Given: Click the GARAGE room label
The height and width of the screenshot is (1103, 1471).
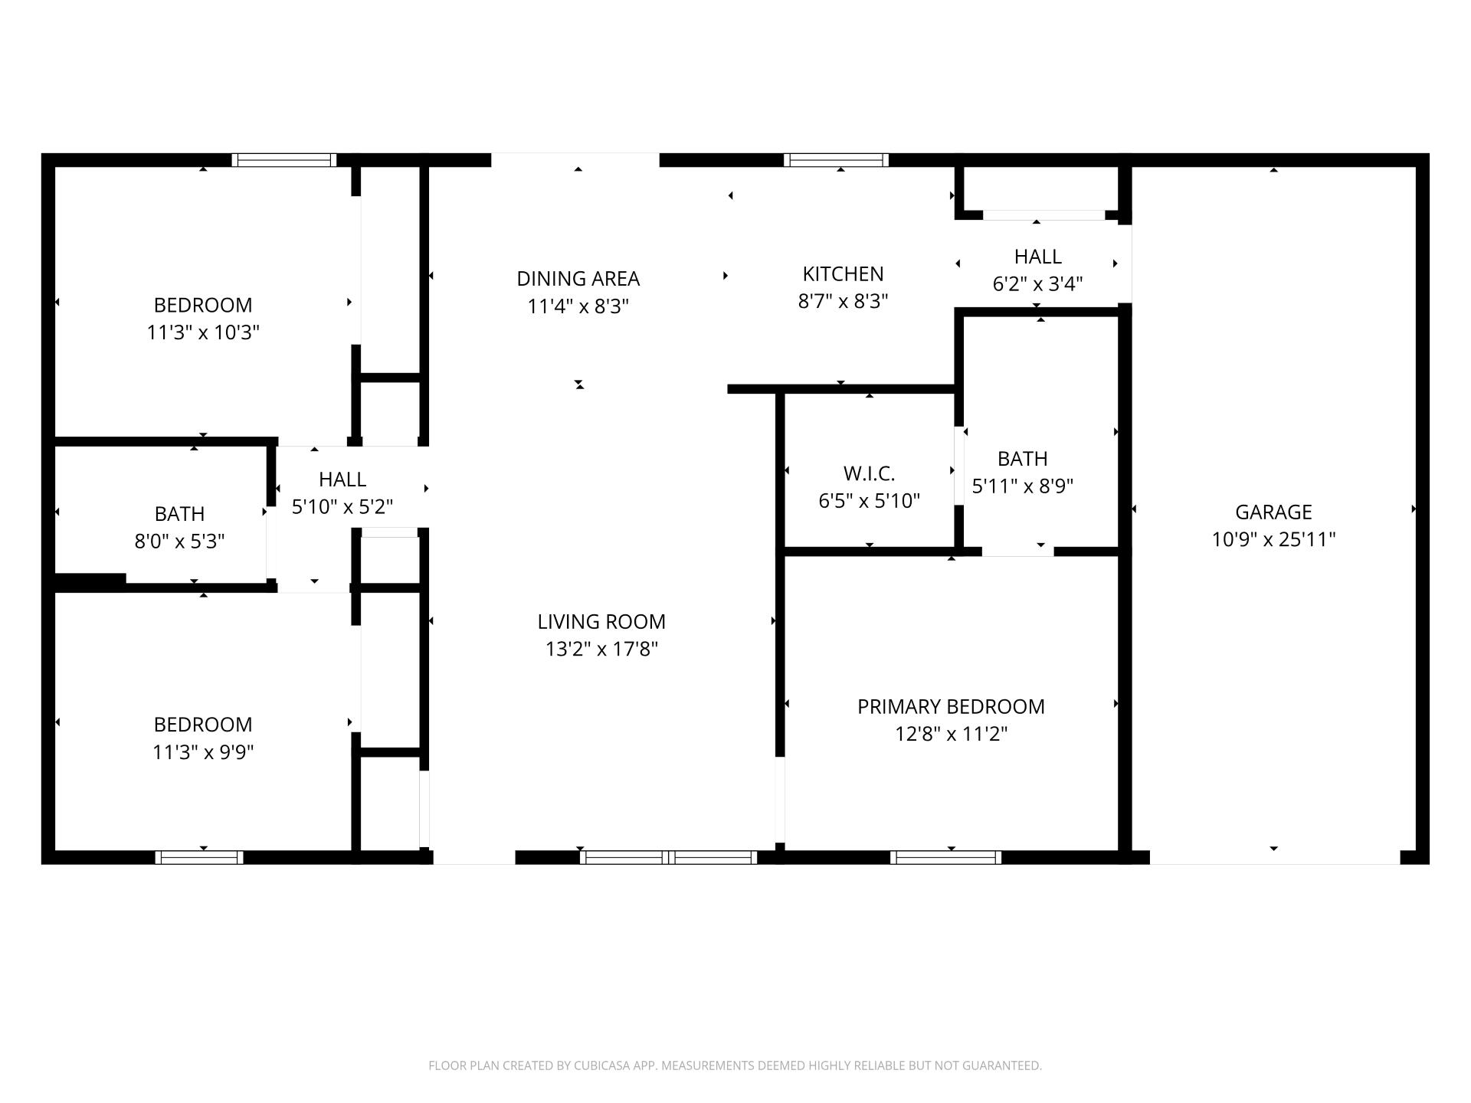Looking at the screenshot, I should pos(1273,512).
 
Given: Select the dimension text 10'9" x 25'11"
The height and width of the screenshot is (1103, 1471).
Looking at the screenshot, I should pos(1273,539).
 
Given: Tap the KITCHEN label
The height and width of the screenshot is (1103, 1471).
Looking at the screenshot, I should pos(843,273).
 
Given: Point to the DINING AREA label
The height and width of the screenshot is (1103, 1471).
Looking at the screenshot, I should pos(578,278).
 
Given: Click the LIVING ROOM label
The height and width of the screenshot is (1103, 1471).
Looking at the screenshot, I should pos(601,621).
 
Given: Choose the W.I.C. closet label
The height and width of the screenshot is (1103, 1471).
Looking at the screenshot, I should pos(869,473).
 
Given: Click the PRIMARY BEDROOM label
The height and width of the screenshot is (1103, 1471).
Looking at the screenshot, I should pos(951,706).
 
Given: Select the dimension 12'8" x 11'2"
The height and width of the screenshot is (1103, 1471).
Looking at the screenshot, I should pos(951,734).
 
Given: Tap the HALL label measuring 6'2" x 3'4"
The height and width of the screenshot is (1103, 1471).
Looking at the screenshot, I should pos(1037,257).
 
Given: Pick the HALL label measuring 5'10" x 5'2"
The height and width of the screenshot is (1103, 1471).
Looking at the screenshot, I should pos(342,479).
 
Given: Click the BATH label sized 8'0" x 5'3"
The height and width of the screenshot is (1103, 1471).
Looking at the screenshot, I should pos(179,513).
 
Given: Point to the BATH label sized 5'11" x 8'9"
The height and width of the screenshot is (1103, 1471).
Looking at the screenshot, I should pos(1022,458).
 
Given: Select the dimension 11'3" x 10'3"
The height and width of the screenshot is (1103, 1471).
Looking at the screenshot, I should pos(203,332).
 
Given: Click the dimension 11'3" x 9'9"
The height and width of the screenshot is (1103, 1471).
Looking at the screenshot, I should pos(203,752).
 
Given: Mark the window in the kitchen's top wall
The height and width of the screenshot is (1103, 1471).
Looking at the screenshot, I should pos(836,160).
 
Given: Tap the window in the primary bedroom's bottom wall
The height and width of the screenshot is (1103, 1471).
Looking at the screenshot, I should pos(945,857).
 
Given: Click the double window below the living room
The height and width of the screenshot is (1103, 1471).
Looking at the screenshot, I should pos(668,857).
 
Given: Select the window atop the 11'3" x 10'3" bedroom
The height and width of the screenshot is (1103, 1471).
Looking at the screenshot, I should pos(284,160).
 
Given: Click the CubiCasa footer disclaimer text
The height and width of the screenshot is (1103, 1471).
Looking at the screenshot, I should pos(735,1065).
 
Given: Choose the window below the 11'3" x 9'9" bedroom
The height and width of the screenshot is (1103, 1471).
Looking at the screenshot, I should pos(199,857).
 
